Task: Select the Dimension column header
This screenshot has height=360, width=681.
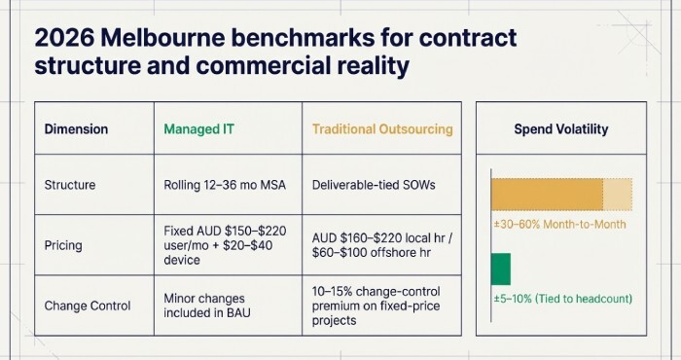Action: tap(76, 128)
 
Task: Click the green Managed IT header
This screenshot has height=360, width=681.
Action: tap(200, 128)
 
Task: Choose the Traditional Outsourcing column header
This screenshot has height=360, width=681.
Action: tap(381, 128)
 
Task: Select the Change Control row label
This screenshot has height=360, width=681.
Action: tap(87, 305)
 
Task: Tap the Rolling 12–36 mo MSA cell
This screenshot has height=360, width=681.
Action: tap(220, 183)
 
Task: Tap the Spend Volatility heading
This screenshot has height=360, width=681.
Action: tap(560, 128)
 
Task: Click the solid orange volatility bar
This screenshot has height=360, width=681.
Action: tap(547, 195)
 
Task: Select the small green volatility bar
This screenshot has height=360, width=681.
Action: tap(500, 269)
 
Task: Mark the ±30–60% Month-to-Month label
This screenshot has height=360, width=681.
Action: tap(557, 225)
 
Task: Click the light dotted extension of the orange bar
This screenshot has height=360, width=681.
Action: tap(618, 195)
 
